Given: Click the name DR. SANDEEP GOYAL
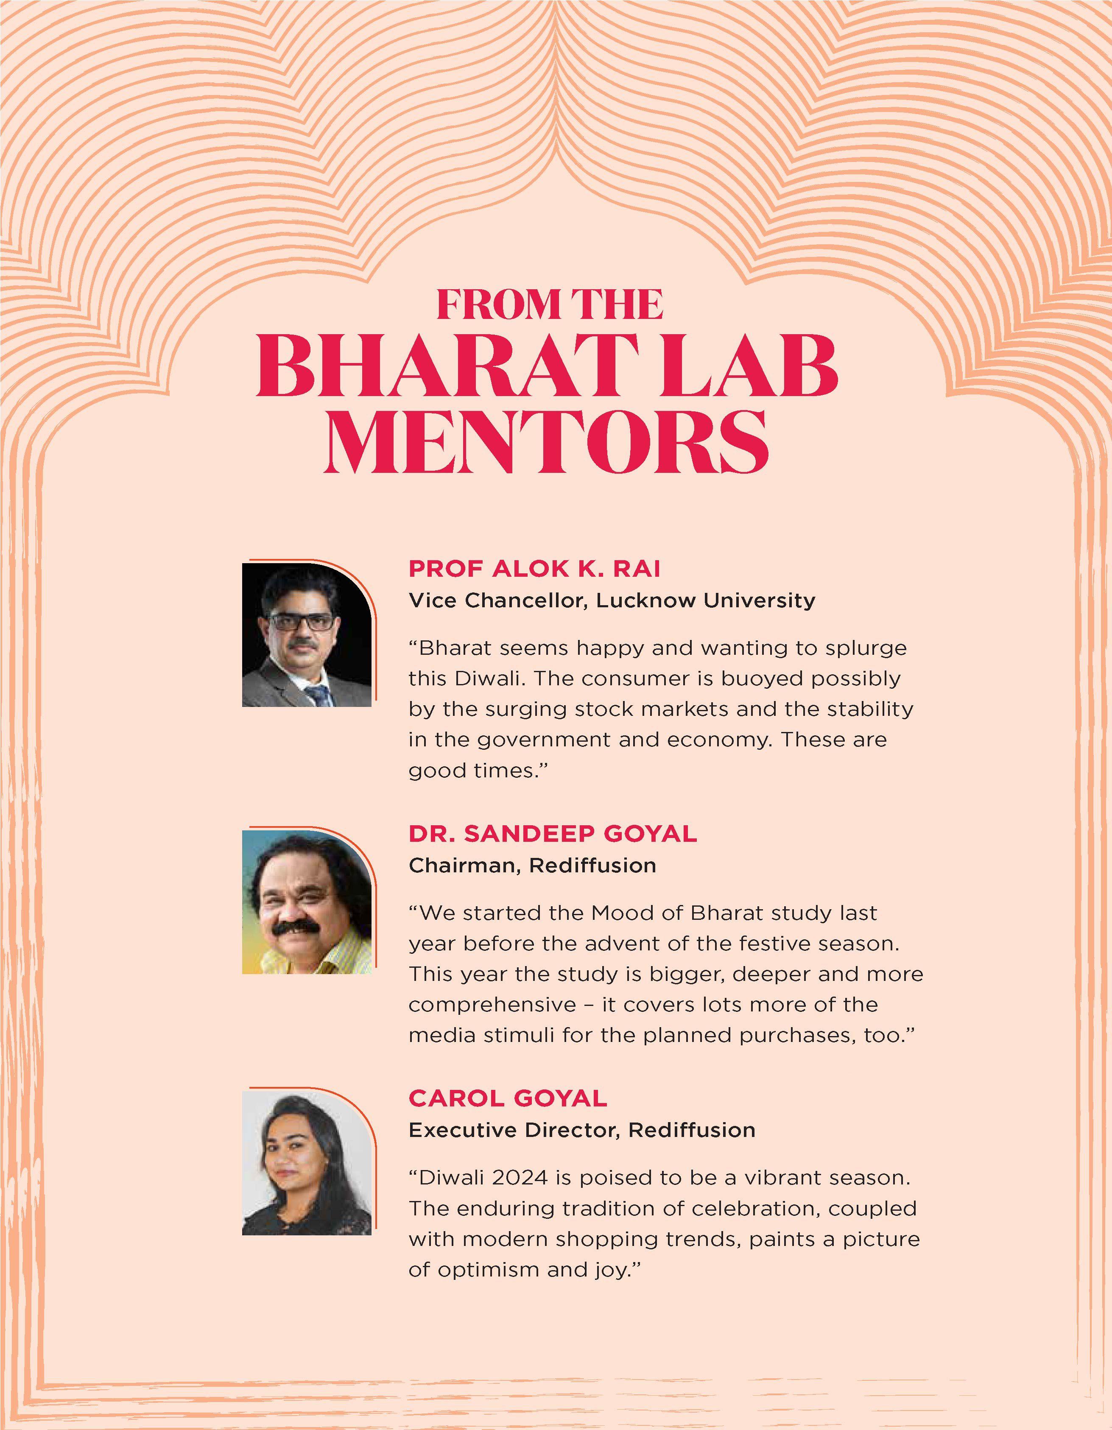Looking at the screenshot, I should pos(553,833).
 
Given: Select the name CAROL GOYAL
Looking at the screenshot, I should pos(508,1098).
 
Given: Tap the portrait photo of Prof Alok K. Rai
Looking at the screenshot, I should pos(307,634).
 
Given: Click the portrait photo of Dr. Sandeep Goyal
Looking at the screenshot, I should pos(307,902).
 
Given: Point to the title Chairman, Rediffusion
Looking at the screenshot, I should pos(532,866).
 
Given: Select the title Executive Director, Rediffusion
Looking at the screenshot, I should pos(581,1130).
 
